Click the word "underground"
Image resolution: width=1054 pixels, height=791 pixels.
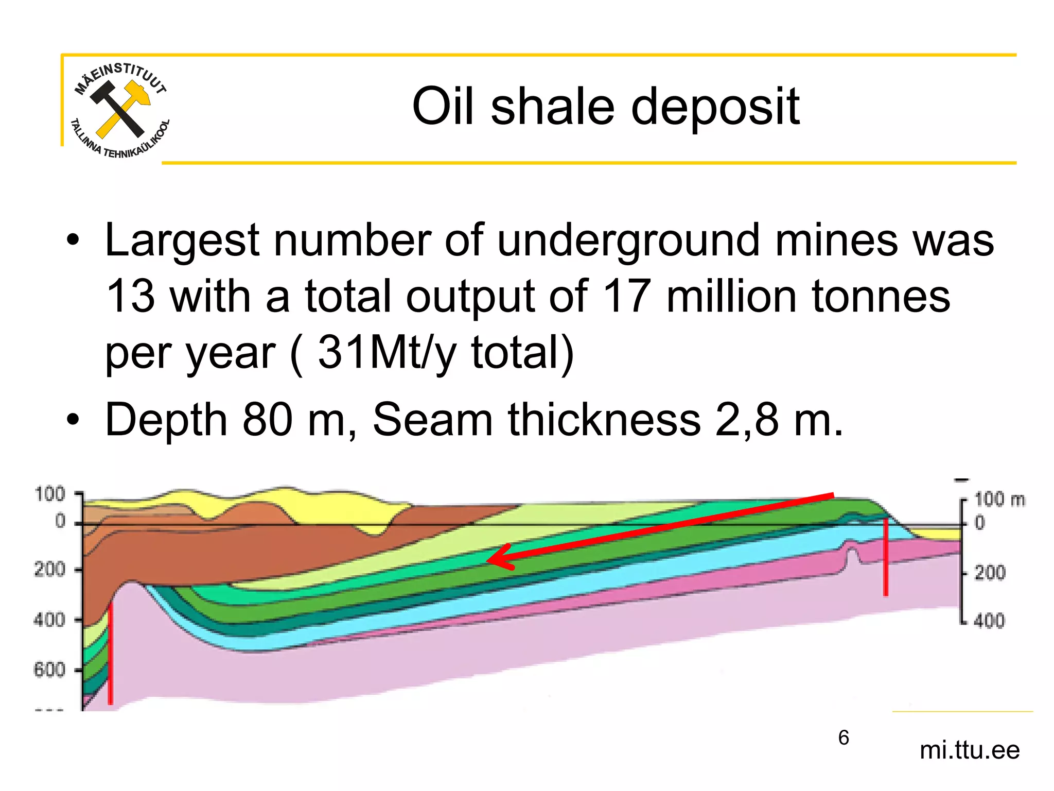click(628, 240)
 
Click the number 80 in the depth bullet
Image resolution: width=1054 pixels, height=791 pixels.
click(267, 420)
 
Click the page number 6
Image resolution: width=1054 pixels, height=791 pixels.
click(844, 737)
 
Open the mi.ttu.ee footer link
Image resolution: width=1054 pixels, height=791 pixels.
click(969, 750)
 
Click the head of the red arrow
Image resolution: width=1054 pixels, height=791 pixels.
click(497, 558)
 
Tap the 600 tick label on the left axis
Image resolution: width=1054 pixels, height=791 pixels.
click(49, 670)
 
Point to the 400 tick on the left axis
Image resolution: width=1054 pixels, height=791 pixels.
click(49, 620)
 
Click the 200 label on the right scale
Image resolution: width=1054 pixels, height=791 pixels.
click(990, 573)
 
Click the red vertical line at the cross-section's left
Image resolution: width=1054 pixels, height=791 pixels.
click(110, 654)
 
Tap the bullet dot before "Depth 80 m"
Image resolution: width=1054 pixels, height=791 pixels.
click(73, 420)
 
